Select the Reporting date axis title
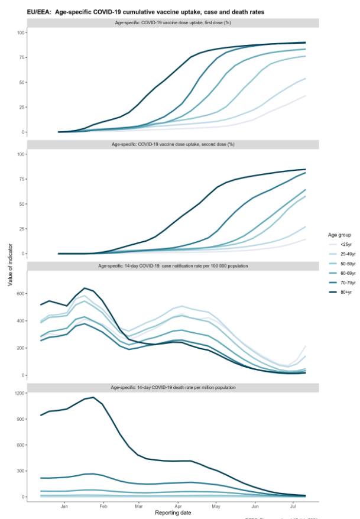coord(173,512)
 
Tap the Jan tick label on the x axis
coord(64,505)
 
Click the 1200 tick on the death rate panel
coord(19,394)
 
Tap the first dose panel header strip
coord(173,22)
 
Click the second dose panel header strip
coord(173,144)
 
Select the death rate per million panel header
coord(173,387)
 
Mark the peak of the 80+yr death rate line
coord(93,397)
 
